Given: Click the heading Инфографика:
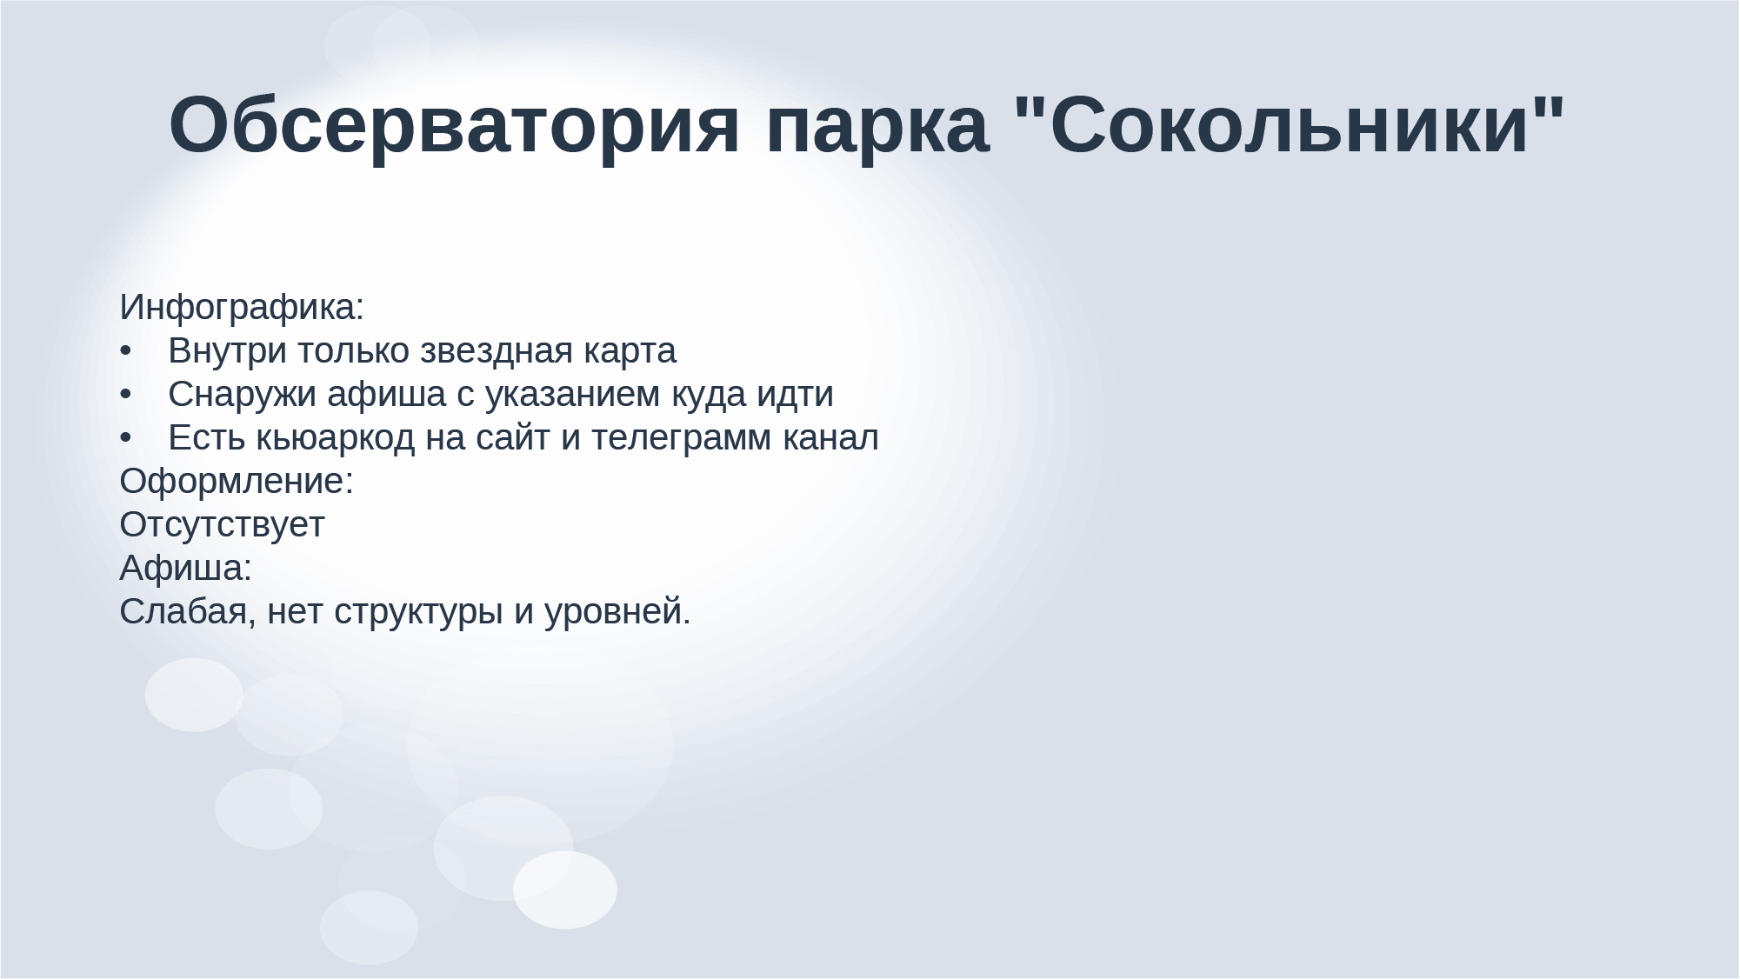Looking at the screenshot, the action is (242, 308).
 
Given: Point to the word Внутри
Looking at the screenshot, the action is (227, 351).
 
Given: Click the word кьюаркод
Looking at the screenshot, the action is (336, 439).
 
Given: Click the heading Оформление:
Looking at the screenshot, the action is (237, 483).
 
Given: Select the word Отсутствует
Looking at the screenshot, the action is (222, 526).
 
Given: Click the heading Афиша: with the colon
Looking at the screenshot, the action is (185, 569).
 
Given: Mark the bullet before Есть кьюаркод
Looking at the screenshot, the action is (125, 440).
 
